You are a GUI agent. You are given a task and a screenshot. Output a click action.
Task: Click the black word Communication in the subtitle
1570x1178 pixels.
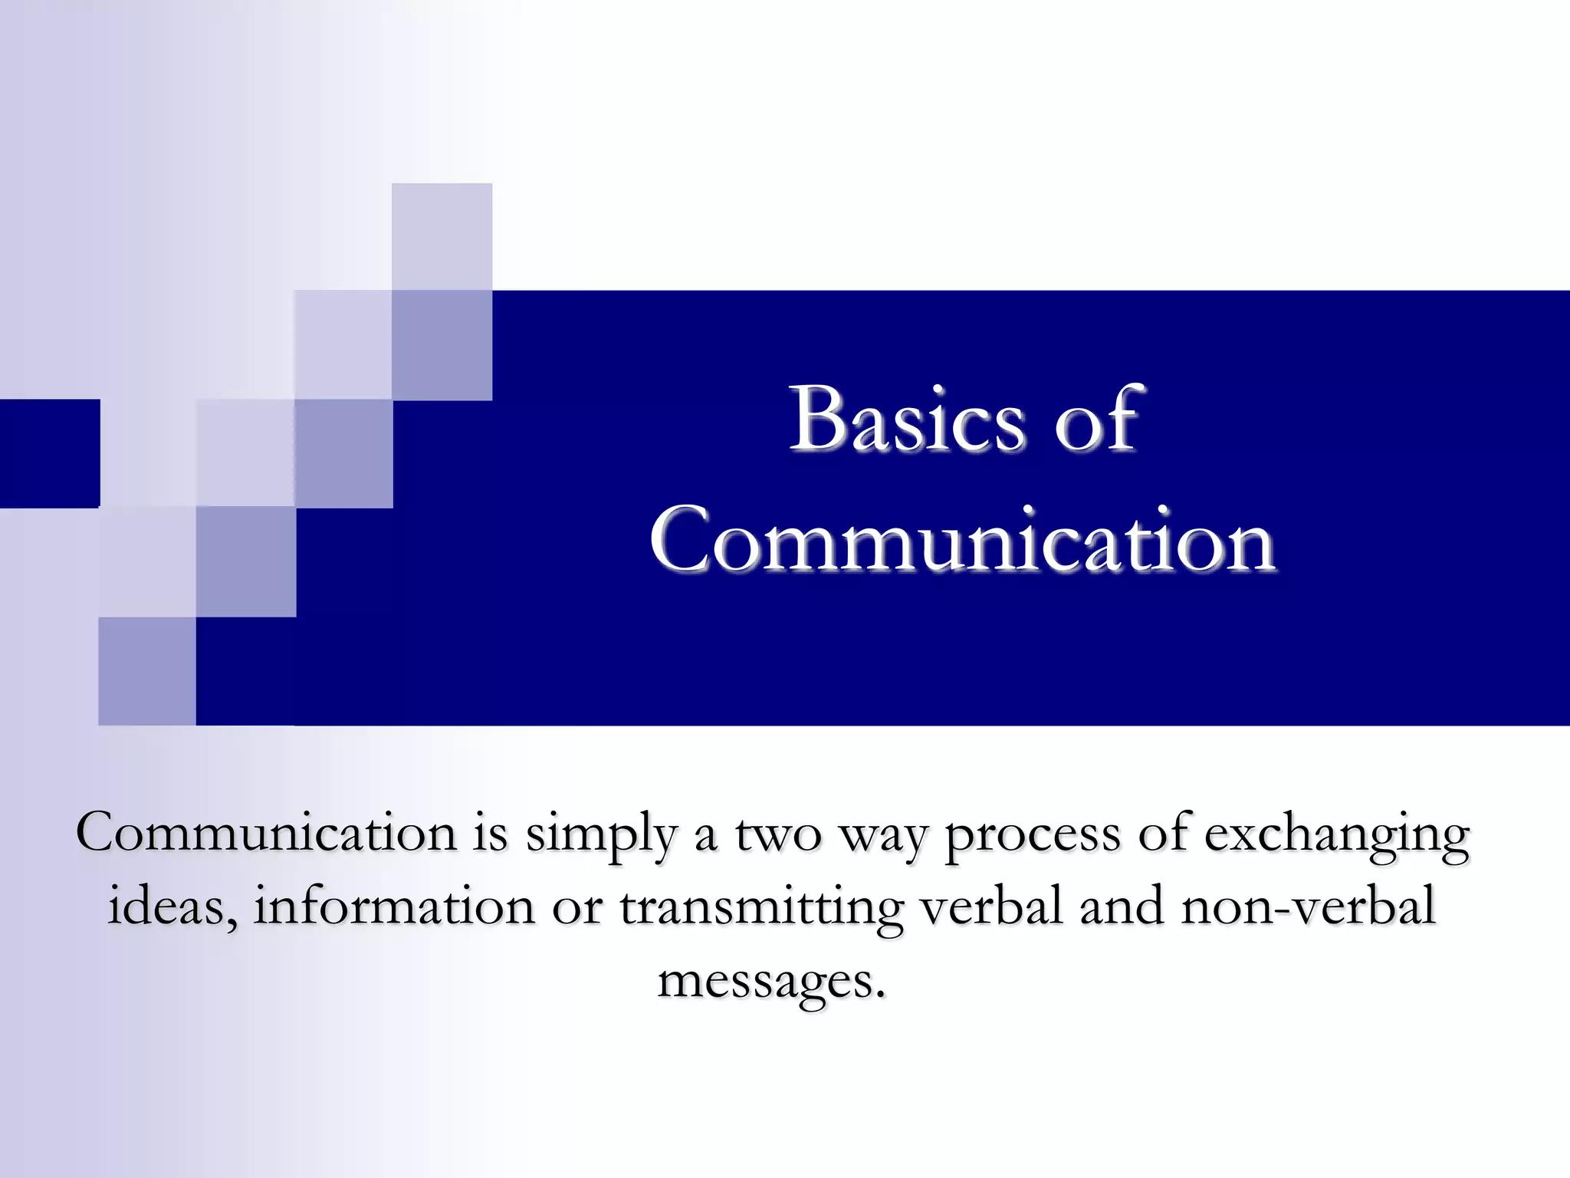tap(266, 833)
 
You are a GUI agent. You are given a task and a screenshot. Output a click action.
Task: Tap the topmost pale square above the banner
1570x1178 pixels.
tap(442, 236)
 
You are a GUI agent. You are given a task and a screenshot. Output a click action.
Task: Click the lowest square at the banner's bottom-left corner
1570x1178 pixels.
tap(147, 671)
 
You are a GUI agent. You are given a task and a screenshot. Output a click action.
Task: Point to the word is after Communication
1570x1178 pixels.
tap(490, 833)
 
